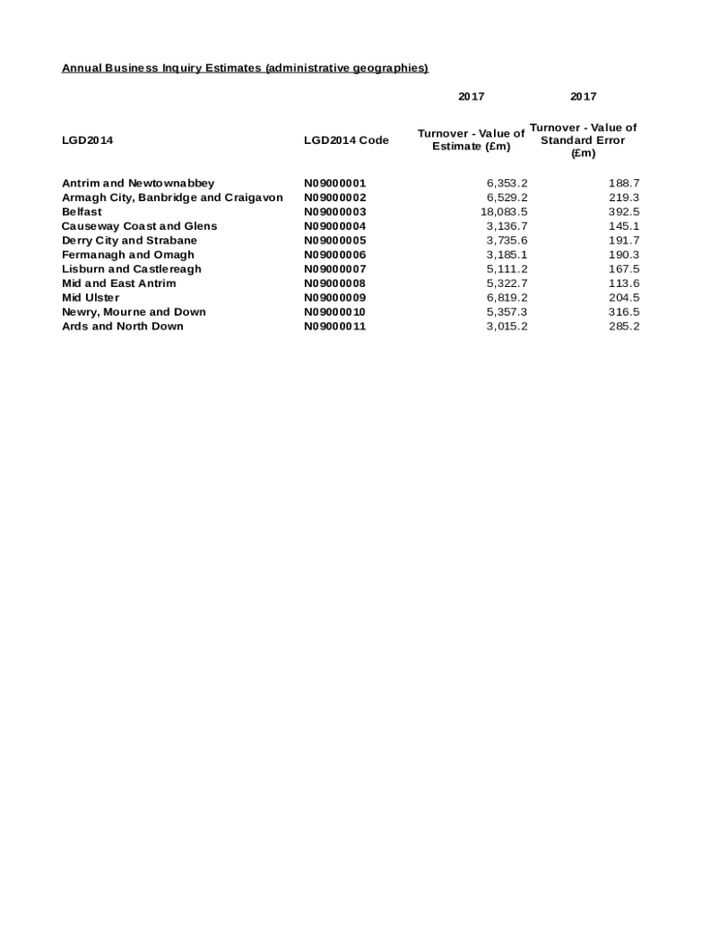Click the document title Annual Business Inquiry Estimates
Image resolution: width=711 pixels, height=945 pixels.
[245, 68]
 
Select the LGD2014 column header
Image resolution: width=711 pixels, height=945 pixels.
[87, 140]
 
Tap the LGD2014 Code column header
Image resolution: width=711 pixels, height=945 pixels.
[346, 140]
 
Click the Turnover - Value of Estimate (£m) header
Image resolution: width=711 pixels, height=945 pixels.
[471, 140]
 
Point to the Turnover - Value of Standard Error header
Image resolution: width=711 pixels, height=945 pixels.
[583, 140]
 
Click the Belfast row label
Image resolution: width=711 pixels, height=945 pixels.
[82, 211]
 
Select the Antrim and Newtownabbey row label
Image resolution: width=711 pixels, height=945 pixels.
[138, 183]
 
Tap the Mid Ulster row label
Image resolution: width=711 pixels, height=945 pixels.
[90, 297]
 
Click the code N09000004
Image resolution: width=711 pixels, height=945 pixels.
[335, 226]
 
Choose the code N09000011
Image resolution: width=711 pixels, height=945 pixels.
[335, 326]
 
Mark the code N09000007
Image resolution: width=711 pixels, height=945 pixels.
[335, 269]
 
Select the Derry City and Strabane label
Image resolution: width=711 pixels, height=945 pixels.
[129, 240]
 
